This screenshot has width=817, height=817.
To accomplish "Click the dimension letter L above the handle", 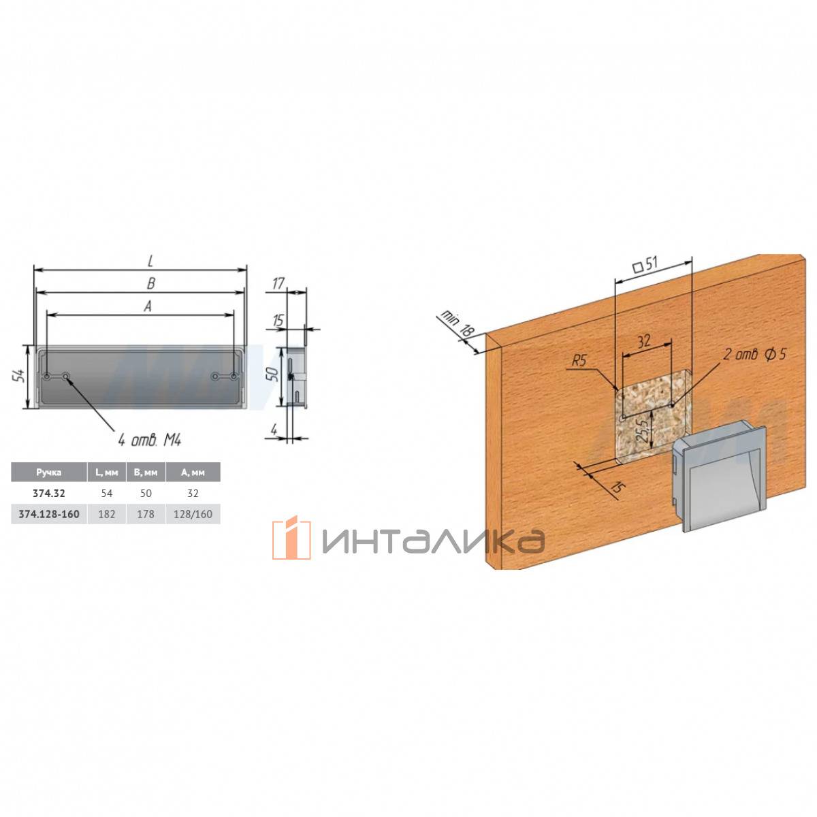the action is (x=150, y=262).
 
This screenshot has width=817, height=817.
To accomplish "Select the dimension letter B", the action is (x=150, y=284).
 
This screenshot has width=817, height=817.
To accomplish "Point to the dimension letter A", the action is (x=148, y=306).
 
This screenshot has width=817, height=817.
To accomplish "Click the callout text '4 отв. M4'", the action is (x=150, y=441).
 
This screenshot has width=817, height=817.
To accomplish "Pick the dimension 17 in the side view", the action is (x=278, y=283).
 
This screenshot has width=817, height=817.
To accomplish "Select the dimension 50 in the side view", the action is (x=274, y=374).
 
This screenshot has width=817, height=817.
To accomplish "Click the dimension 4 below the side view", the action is (x=274, y=429).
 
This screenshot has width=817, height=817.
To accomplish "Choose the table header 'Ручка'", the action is (x=49, y=472).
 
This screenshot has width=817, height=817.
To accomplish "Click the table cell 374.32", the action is (x=49, y=493).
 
